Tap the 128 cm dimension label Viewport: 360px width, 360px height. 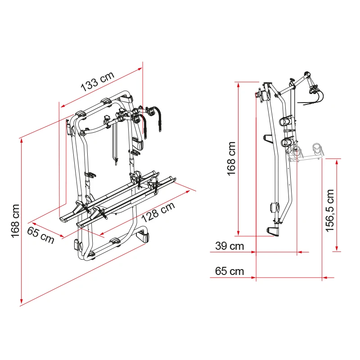pyautogui.click(x=158, y=212)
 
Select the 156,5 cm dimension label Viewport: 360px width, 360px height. pyautogui.click(x=330, y=210)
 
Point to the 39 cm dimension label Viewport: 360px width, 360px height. pyautogui.click(x=229, y=246)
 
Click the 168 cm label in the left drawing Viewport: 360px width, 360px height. pyautogui.click(x=15, y=221)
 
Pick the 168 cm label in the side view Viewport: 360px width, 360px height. pyautogui.click(x=231, y=159)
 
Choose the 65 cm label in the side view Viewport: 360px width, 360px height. pyautogui.click(x=229, y=271)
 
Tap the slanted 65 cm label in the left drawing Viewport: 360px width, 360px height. pyautogui.click(x=40, y=235)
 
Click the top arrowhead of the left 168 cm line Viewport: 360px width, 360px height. pyautogui.click(x=22, y=140)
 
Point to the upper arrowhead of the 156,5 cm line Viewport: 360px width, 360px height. pyautogui.click(x=337, y=162)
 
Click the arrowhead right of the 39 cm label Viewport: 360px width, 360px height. pyautogui.click(x=253, y=252)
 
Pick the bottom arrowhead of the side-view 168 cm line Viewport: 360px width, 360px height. pyautogui.click(x=238, y=233)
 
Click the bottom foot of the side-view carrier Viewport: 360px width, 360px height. pyautogui.click(x=274, y=231)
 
